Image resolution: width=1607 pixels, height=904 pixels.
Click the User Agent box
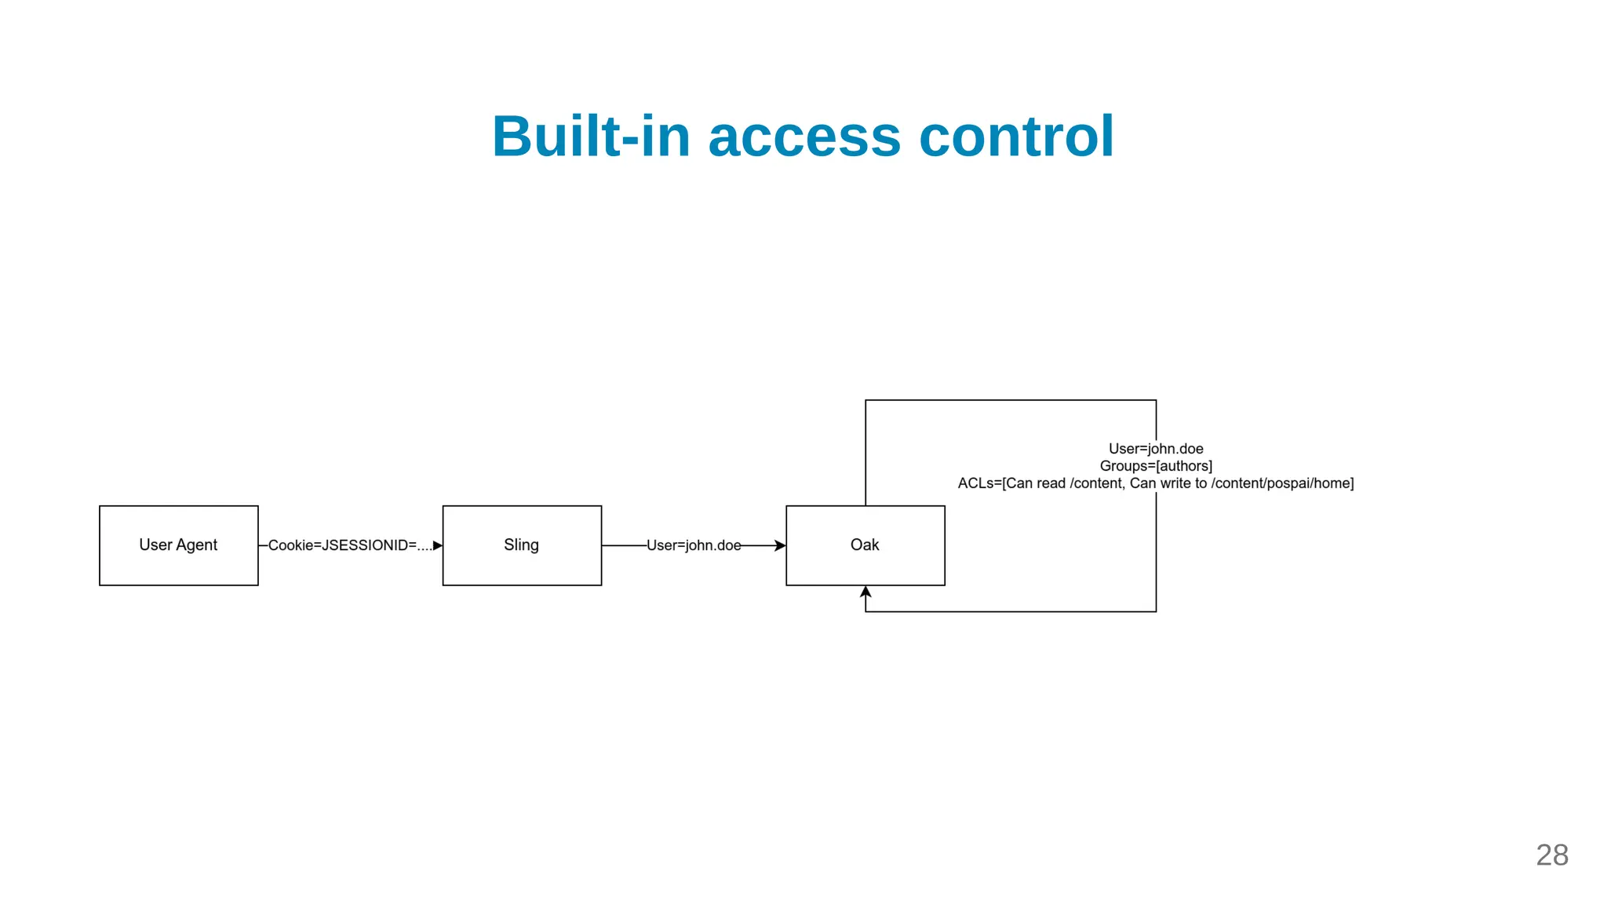[x=179, y=545]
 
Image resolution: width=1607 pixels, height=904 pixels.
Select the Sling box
[x=522, y=545]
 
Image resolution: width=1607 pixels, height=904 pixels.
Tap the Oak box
[x=865, y=545]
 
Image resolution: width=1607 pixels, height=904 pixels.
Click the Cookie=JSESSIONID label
[x=350, y=545]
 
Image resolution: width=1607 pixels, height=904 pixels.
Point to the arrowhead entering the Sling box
[x=438, y=545]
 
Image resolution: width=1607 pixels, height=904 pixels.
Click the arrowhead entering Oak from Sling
[x=781, y=545]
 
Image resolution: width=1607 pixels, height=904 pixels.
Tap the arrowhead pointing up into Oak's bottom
[x=865, y=592]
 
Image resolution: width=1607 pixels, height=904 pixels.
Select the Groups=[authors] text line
[x=1156, y=466]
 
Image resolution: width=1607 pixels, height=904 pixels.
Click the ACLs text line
[x=1156, y=483]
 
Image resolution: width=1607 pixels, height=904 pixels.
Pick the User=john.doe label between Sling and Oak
[x=694, y=545]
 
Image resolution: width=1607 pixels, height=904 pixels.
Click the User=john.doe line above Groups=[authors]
[x=1156, y=449]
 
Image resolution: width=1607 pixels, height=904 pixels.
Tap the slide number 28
[x=1551, y=855]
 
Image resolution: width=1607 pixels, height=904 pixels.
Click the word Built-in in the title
[x=591, y=137]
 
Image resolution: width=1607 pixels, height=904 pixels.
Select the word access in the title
[x=804, y=137]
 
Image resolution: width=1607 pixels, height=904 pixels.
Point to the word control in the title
[x=1016, y=137]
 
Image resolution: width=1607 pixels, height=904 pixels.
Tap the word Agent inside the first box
[x=197, y=545]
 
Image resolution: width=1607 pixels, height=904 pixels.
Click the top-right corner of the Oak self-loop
[x=1156, y=400]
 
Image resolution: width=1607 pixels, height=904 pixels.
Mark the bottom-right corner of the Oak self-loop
[x=1156, y=611]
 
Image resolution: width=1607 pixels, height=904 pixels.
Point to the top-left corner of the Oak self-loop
[x=865, y=400]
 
